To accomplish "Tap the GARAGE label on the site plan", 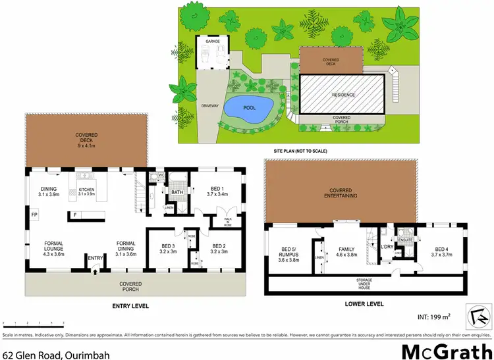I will [x=212, y=41].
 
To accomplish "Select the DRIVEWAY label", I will [x=210, y=106].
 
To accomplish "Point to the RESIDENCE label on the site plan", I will [x=343, y=95].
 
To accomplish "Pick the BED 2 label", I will [x=219, y=249].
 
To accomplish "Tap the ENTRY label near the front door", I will [x=96, y=257].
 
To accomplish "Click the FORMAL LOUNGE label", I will [x=54, y=247].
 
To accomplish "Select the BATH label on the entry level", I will [x=177, y=193].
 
